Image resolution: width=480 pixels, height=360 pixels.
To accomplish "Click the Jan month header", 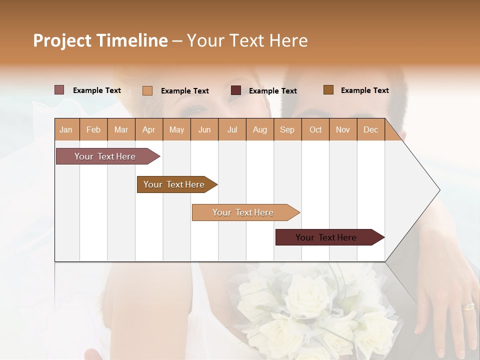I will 66,130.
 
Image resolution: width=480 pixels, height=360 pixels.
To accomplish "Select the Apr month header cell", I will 149,130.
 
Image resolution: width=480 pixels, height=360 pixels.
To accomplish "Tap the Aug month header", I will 259,130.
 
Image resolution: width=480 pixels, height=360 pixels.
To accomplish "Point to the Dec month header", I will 370,130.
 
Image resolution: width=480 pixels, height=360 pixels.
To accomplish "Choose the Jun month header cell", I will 204,130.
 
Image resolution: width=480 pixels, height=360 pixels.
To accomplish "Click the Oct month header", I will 315,130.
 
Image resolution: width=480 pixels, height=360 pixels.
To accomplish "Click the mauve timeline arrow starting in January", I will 105,156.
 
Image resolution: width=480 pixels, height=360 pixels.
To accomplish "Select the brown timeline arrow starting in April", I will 174,184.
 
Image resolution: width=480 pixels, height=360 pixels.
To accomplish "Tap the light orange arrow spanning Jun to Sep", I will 243,212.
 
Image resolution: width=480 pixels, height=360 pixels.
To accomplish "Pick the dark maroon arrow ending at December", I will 327,237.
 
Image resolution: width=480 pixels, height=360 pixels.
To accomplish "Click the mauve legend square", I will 59,90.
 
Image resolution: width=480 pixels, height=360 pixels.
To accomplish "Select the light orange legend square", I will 147,90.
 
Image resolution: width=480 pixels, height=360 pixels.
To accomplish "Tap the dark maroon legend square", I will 236,90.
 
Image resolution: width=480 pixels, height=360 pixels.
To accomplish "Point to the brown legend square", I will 328,90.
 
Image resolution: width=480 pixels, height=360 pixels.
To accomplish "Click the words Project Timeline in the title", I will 100,40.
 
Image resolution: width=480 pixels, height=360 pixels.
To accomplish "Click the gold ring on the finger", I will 468,306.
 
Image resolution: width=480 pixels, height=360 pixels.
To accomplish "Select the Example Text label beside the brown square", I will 364,90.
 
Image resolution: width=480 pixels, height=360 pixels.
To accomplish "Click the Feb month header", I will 93,130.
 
